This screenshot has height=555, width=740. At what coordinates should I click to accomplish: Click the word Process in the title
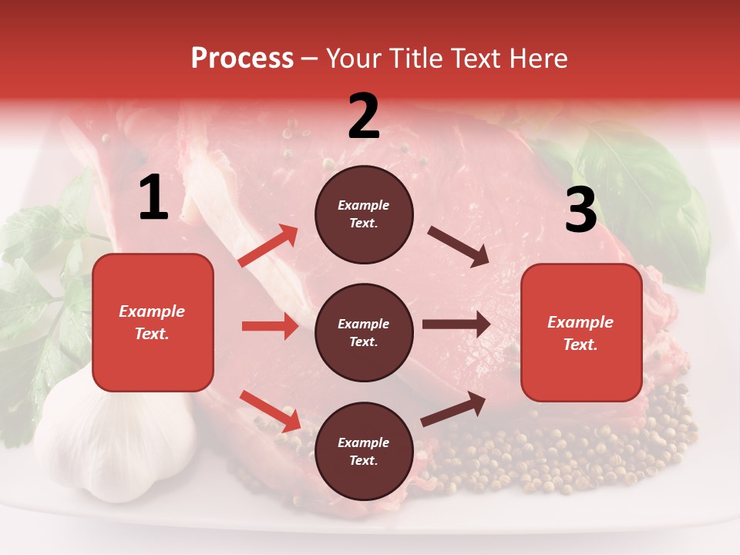[242, 59]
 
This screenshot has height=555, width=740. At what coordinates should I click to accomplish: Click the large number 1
[153, 198]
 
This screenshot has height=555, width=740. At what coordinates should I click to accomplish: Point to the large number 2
[364, 116]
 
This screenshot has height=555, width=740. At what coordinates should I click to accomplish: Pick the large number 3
[580, 210]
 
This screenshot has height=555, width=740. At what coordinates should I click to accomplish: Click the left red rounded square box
[153, 322]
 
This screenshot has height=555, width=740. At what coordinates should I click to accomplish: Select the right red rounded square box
[581, 333]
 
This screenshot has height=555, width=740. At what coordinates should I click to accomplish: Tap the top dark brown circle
[364, 214]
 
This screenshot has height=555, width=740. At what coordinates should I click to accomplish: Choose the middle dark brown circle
[364, 333]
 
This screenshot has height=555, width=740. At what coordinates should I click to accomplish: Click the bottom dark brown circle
[364, 452]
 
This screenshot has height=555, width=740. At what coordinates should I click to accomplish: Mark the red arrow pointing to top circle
[268, 246]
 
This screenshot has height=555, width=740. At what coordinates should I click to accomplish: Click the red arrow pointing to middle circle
[270, 326]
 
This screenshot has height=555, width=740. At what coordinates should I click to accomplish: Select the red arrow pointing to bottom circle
[270, 410]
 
